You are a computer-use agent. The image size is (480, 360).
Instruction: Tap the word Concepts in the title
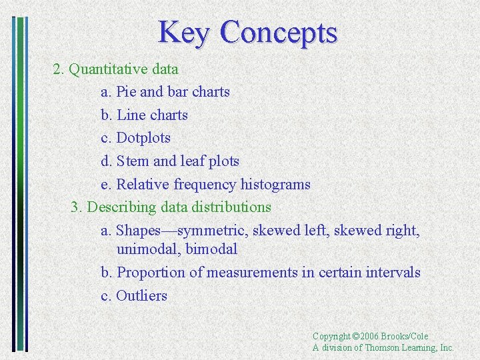pos(279,33)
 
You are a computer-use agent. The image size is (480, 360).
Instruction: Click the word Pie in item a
pos(126,92)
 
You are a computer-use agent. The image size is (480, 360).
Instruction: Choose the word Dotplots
pos(143,138)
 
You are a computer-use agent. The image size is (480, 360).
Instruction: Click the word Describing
pos(119,207)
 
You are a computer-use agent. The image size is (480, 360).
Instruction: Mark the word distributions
pos(231,207)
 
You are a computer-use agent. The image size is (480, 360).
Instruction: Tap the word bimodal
pos(211,250)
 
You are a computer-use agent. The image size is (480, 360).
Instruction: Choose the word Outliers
pos(141,296)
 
